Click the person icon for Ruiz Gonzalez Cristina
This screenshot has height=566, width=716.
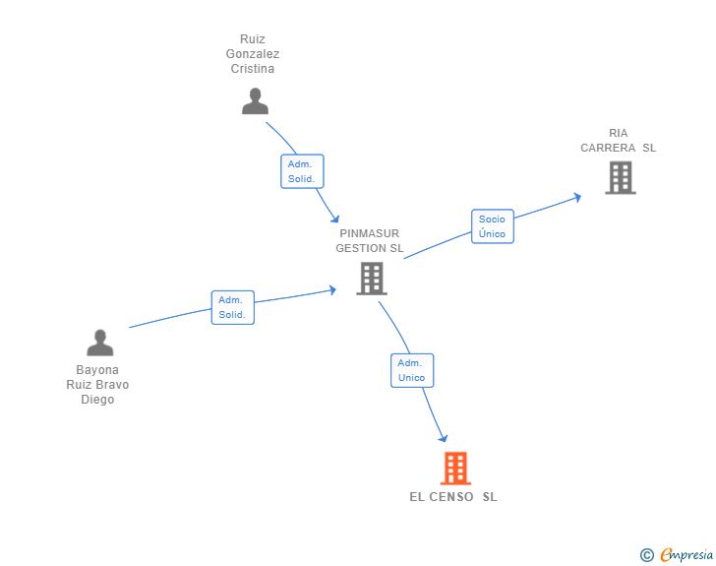255,101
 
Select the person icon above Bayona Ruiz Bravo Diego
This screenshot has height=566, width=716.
100,343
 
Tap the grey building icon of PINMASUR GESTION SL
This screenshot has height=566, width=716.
371,279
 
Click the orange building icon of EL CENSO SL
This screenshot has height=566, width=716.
454,468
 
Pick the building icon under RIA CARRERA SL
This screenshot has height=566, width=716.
620,177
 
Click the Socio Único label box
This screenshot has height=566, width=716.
492,226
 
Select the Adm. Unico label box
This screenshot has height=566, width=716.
412,370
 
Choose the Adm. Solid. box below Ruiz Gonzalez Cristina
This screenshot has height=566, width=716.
301,171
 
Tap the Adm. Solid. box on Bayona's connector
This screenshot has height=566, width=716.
232,307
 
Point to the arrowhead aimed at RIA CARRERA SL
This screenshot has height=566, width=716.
577,196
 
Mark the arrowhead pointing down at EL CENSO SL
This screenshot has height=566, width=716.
444,438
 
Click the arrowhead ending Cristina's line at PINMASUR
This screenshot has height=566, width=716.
335,219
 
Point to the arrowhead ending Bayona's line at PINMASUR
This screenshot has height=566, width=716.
332,290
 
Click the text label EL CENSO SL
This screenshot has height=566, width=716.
453,497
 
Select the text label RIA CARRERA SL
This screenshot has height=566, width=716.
618,141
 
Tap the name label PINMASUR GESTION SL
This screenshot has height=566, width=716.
370,241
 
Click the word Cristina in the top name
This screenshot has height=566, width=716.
253,69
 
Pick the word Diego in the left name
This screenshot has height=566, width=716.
97,400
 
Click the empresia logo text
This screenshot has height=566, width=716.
687,555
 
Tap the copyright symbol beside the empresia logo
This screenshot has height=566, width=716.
646,555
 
